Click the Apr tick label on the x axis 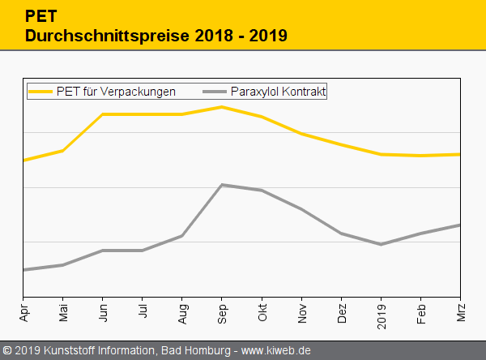click(23, 311)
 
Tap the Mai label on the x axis click(63, 311)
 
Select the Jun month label click(103, 311)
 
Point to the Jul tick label click(143, 311)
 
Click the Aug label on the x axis click(182, 312)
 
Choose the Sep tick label click(222, 312)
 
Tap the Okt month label click(262, 311)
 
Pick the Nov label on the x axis click(301, 312)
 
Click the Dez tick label click(341, 312)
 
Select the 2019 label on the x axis click(381, 314)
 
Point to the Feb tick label click(420, 312)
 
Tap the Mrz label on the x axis click(460, 311)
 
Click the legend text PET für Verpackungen click(116, 92)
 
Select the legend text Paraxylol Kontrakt click(278, 92)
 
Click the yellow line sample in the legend click(40, 92)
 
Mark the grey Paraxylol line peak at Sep click(222, 185)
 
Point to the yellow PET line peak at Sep click(222, 106)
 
